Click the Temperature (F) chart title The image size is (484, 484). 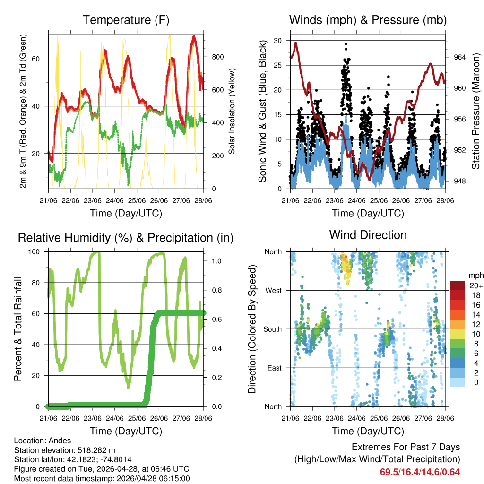(x=126, y=20)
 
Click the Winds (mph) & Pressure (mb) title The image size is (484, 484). (x=368, y=20)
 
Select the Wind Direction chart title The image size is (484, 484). (x=368, y=235)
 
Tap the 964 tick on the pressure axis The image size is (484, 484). (x=459, y=57)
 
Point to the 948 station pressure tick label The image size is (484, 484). (x=459, y=181)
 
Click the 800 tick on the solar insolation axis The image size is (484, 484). (x=217, y=57)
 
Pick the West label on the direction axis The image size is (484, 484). (x=274, y=290)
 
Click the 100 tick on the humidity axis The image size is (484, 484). (x=39, y=252)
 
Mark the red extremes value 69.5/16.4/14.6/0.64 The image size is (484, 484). (x=420, y=472)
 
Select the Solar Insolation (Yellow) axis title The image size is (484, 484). (x=232, y=112)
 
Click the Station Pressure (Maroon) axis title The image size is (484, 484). (x=475, y=111)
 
